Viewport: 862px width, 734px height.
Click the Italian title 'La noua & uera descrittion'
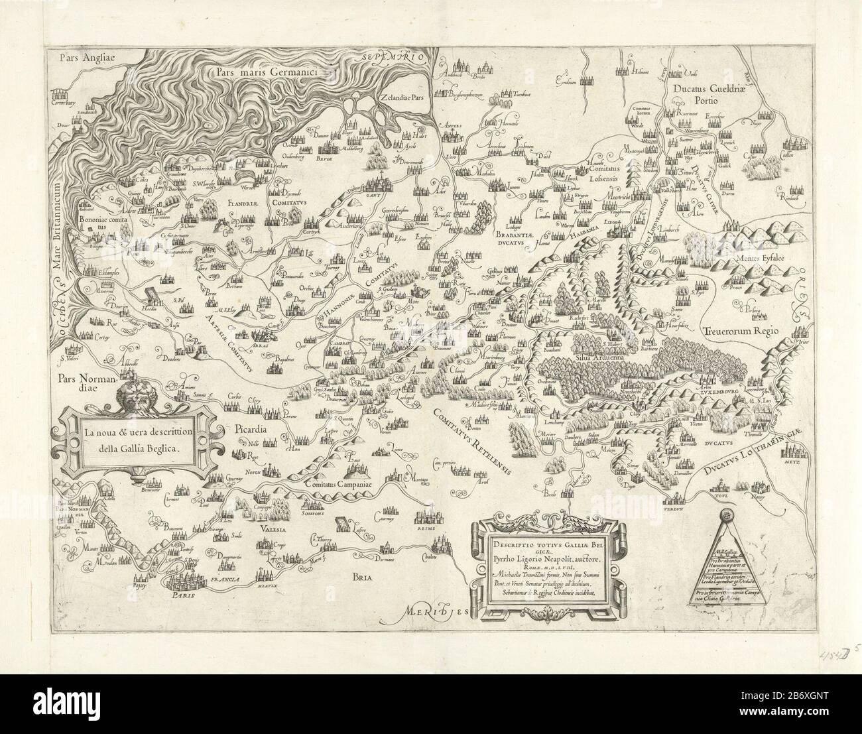[x=137, y=434]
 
